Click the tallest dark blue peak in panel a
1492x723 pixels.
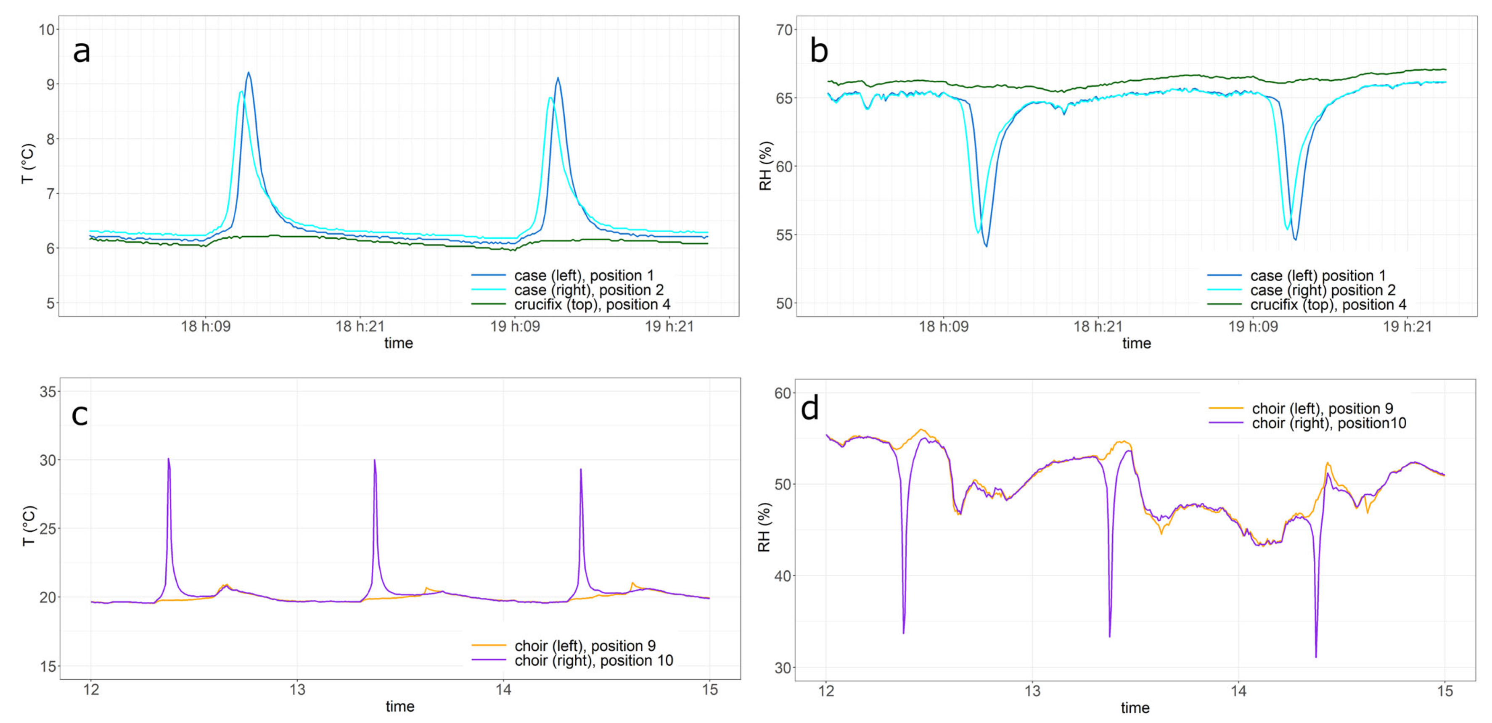249,73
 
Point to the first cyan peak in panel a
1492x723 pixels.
241,92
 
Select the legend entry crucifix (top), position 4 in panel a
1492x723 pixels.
592,304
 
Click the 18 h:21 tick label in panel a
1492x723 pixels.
360,327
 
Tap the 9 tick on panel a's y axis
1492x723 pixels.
50,84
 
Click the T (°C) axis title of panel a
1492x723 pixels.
28,164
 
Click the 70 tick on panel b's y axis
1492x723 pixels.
784,30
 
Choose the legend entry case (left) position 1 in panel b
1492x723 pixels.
1317,276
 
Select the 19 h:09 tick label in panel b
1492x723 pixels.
1253,327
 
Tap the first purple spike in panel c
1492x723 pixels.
169,459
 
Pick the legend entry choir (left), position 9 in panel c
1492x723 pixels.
585,645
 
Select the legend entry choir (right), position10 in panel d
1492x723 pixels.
1329,423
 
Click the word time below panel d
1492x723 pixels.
1135,707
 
